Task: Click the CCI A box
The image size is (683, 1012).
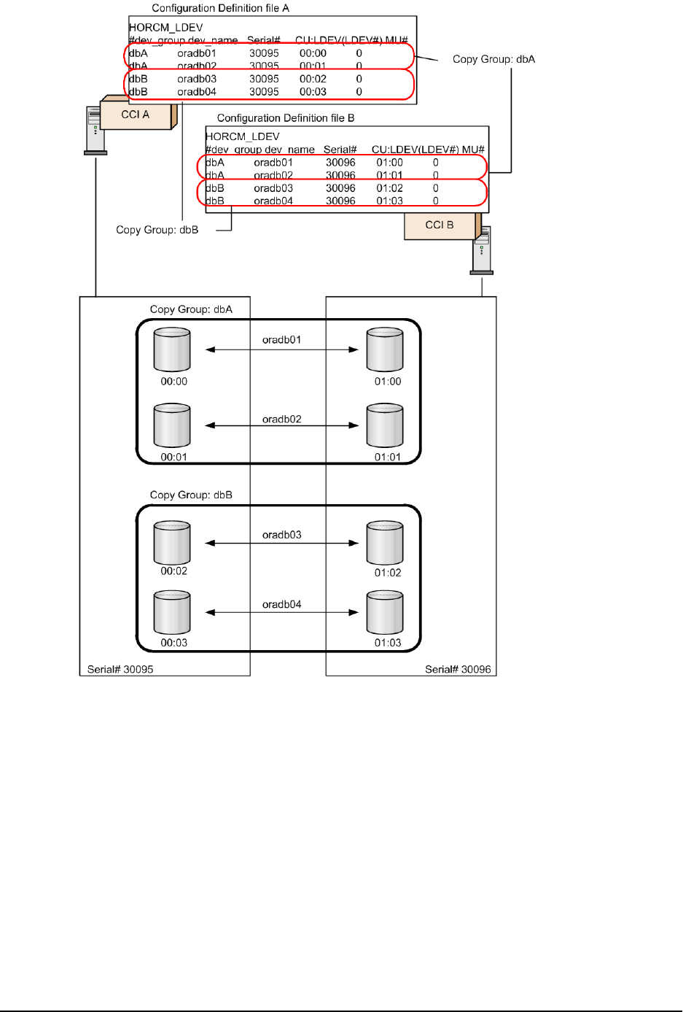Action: tap(136, 115)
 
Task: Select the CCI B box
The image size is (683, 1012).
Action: tap(440, 225)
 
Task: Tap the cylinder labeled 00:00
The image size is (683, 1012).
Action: tap(172, 350)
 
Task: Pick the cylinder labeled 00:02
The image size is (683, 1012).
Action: tap(172, 543)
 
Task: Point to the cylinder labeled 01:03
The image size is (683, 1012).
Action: tap(385, 613)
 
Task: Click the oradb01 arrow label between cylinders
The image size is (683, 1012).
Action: tap(281, 340)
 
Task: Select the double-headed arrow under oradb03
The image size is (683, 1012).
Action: tap(282, 543)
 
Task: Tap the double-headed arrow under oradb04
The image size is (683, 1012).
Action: tap(282, 612)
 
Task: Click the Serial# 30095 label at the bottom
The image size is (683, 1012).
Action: tap(120, 669)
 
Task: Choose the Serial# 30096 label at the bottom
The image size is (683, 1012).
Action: tap(458, 669)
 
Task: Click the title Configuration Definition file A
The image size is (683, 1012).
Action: tap(220, 8)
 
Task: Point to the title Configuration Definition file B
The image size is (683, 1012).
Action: tap(286, 117)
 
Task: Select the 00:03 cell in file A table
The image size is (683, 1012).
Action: tap(313, 92)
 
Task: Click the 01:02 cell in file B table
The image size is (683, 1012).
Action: tap(389, 188)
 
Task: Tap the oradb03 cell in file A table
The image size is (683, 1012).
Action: tap(197, 79)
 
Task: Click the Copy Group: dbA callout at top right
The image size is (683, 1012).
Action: tap(493, 59)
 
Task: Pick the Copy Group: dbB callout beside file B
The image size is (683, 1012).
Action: tap(157, 230)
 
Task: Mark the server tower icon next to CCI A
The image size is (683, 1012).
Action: tap(95, 131)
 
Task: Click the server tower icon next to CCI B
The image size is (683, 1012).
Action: tap(481, 250)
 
